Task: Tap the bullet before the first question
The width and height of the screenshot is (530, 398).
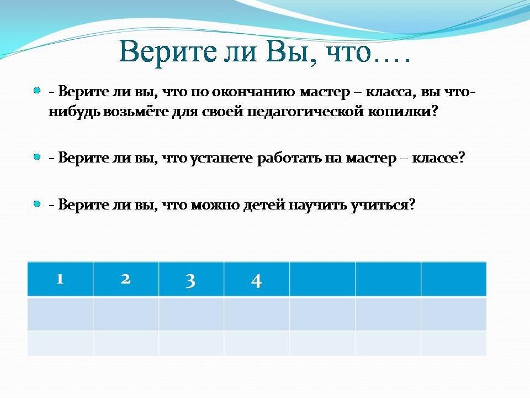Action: (x=37, y=90)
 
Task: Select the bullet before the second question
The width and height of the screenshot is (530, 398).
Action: (x=37, y=156)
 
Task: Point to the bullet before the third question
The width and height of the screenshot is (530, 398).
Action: (x=37, y=204)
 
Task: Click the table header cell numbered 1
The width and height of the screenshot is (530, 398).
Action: (x=60, y=279)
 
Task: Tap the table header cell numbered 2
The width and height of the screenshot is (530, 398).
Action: (x=126, y=279)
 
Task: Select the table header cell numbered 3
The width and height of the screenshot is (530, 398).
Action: (x=191, y=279)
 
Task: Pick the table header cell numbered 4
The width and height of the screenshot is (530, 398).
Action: (x=257, y=279)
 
